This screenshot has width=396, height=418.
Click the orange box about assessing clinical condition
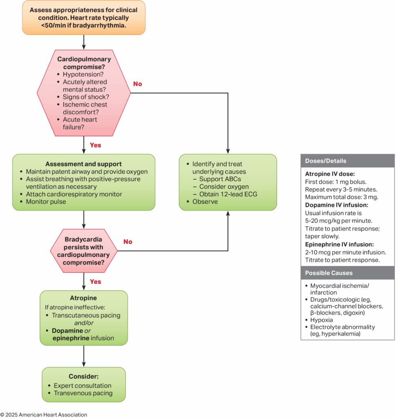pos(84,18)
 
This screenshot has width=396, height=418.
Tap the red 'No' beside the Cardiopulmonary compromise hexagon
pos(138,84)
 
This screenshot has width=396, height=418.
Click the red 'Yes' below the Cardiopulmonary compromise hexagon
pos(95,145)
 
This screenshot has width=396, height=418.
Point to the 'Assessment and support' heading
pos(83,164)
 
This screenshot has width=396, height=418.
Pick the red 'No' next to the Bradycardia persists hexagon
pos(128,242)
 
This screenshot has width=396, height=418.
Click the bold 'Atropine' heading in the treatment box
pos(84,298)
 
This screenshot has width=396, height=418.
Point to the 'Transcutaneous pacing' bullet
pos(86,316)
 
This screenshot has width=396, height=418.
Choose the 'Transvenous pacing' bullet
pos(83,393)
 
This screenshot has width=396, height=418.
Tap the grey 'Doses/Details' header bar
pos(347,161)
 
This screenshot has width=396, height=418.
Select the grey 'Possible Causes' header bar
pos(347,273)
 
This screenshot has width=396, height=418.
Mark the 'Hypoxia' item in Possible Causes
pos(321,320)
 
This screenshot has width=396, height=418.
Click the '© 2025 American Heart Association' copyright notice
pos(44,415)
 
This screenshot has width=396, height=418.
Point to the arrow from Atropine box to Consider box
pos(84,356)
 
